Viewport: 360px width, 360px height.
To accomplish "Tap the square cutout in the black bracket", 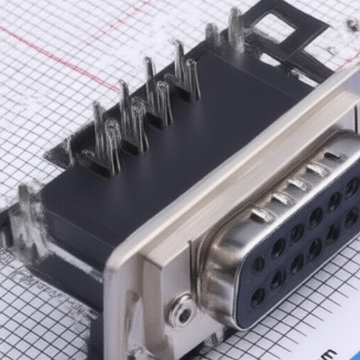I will point(274,27).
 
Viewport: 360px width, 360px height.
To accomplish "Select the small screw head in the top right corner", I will point(352,26).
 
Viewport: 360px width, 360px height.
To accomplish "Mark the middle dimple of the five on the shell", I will point(300,184).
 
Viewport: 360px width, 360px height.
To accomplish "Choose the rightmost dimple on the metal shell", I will point(333,156).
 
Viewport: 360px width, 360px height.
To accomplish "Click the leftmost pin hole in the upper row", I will point(258,264).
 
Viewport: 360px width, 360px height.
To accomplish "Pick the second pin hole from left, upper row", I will point(278,247).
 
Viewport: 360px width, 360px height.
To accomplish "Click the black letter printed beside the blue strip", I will point(328,354).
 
